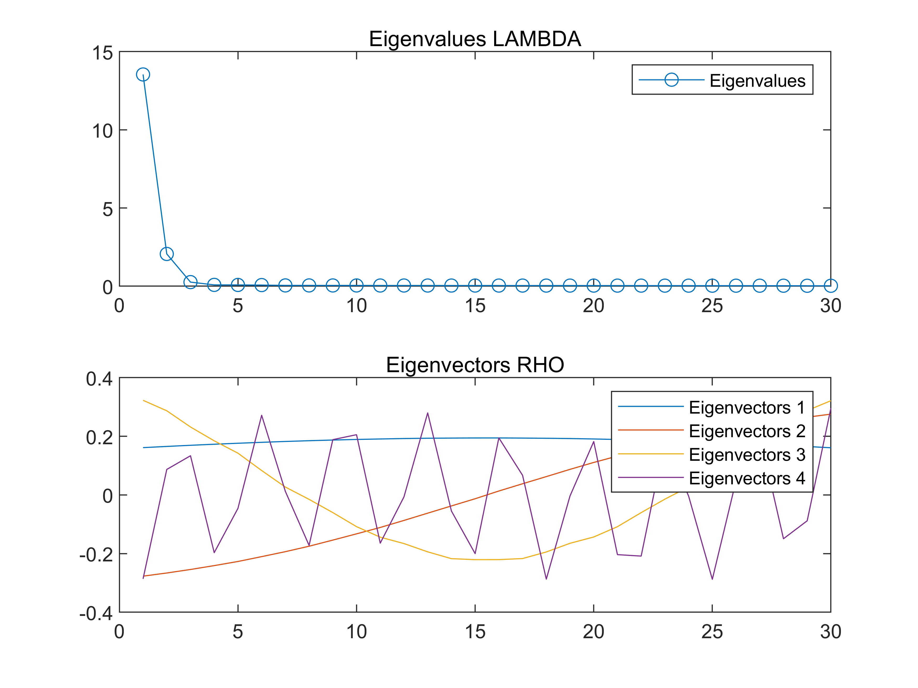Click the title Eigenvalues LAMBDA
[474, 39]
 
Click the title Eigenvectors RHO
[474, 365]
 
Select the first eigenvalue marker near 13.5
[143, 75]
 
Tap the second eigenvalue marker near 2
[166, 254]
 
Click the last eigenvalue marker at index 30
[830, 285]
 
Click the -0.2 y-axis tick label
[96, 555]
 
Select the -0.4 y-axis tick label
[96, 613]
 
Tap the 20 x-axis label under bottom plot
[594, 632]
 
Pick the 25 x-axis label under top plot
[712, 306]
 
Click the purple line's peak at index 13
[428, 413]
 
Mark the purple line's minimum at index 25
[712, 578]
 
